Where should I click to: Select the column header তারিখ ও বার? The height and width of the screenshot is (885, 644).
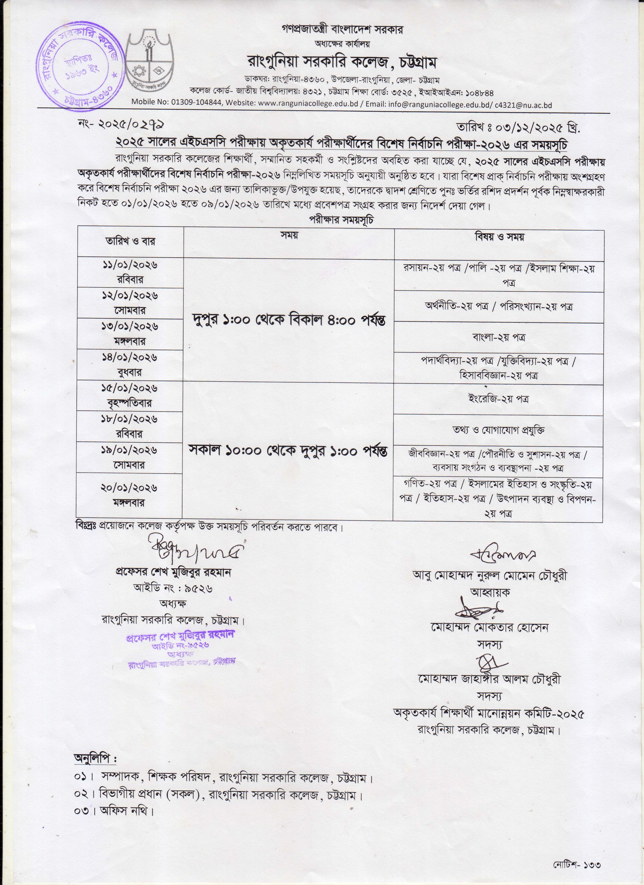130,241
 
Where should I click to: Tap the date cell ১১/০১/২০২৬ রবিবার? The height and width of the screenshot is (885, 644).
130,272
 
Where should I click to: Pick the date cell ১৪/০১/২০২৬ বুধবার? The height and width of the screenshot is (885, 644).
130,365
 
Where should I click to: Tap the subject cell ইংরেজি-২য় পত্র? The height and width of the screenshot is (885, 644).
498,399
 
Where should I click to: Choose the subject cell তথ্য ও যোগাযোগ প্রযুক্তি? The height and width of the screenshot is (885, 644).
498,430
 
